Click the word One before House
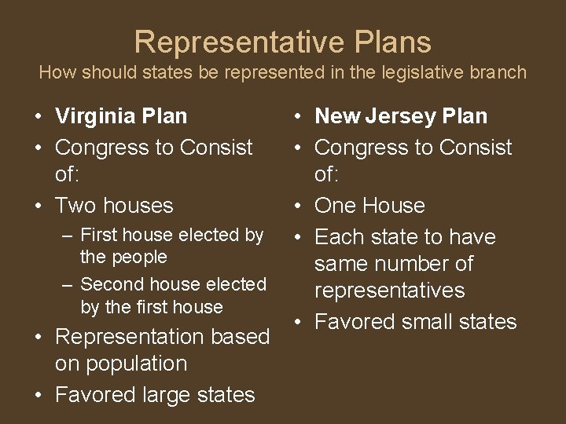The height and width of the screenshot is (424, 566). (336, 206)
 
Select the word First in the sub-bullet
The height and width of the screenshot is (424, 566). (98, 235)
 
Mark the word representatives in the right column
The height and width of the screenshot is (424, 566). (391, 291)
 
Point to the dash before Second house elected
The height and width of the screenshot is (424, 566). (68, 285)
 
